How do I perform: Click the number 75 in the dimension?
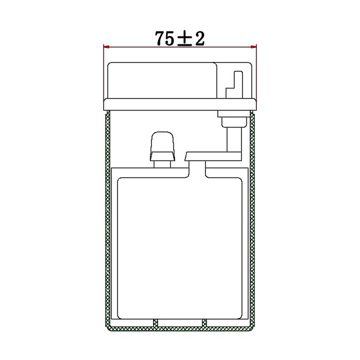click(x=165, y=39)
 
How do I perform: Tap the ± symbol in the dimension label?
click(x=185, y=39)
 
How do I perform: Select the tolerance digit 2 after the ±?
click(x=200, y=39)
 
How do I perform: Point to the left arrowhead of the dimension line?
click(x=106, y=47)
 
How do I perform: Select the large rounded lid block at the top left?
click(x=161, y=80)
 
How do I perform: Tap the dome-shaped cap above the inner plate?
click(x=163, y=143)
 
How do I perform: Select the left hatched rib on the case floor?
click(x=155, y=322)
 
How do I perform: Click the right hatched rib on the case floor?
click(x=204, y=322)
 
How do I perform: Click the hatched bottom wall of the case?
click(x=180, y=327)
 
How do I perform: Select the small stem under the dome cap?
click(x=163, y=164)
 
